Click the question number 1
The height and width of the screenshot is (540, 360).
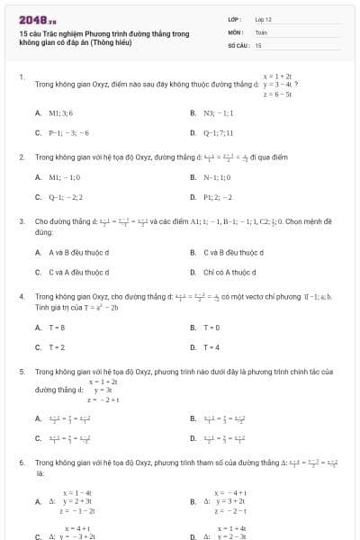pyautogui.click(x=21, y=76)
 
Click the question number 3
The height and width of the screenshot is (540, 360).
pyautogui.click(x=21, y=220)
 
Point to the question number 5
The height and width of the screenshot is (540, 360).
pyautogui.click(x=21, y=371)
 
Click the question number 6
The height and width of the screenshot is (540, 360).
pyautogui.click(x=21, y=462)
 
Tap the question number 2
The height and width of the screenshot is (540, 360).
pyautogui.click(x=21, y=157)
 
